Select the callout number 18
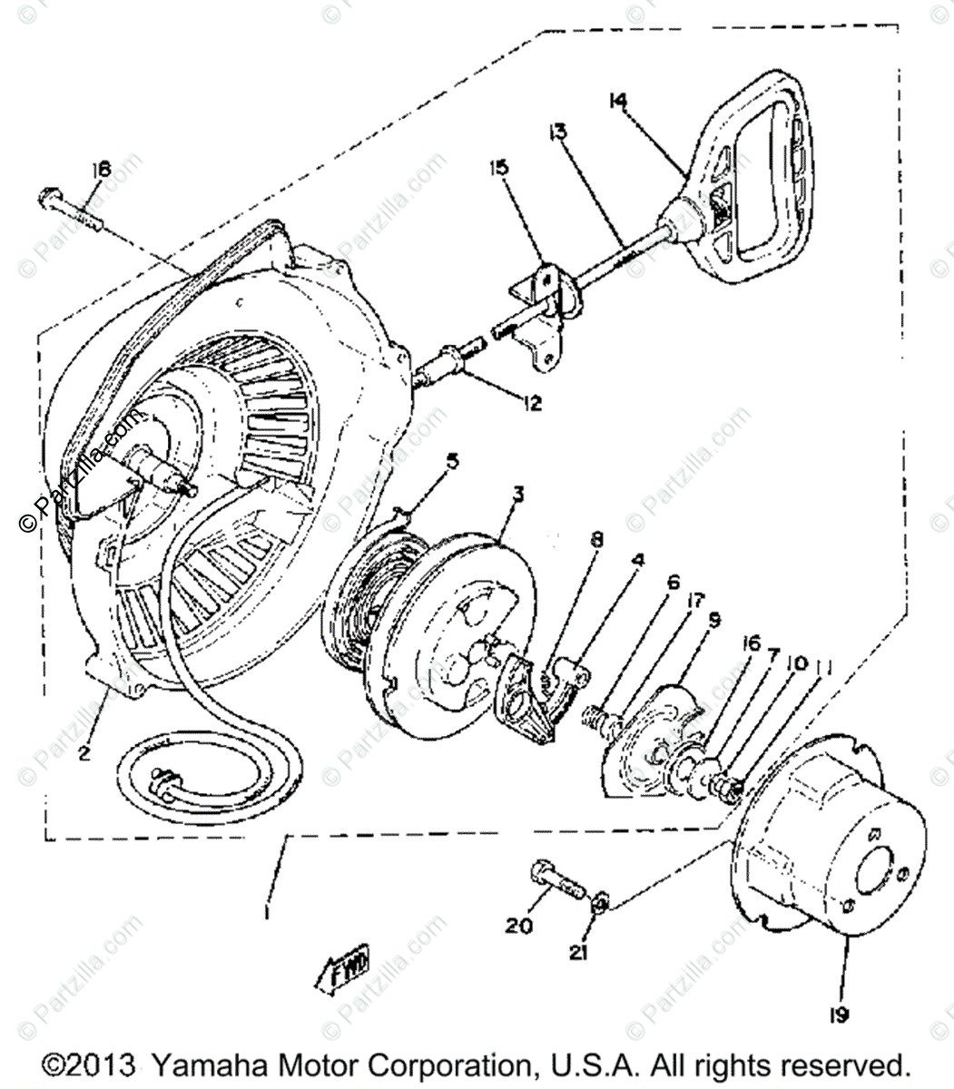(100, 169)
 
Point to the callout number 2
(84, 752)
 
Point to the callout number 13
(556, 132)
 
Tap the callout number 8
(596, 539)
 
